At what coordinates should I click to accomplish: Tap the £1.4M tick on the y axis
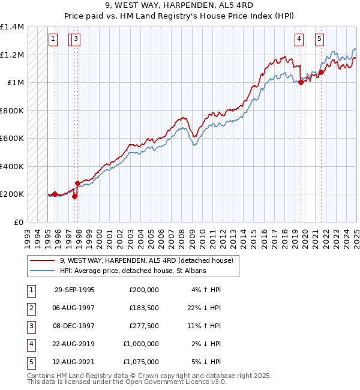tap(12, 27)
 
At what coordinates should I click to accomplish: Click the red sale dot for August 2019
tap(301, 83)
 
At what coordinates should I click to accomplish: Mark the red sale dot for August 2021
tap(321, 73)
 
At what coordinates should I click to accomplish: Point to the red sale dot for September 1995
tap(55, 194)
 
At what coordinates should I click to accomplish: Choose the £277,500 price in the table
tap(144, 326)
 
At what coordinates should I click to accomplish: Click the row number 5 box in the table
tap(30, 362)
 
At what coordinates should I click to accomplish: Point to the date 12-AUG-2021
tap(75, 362)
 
